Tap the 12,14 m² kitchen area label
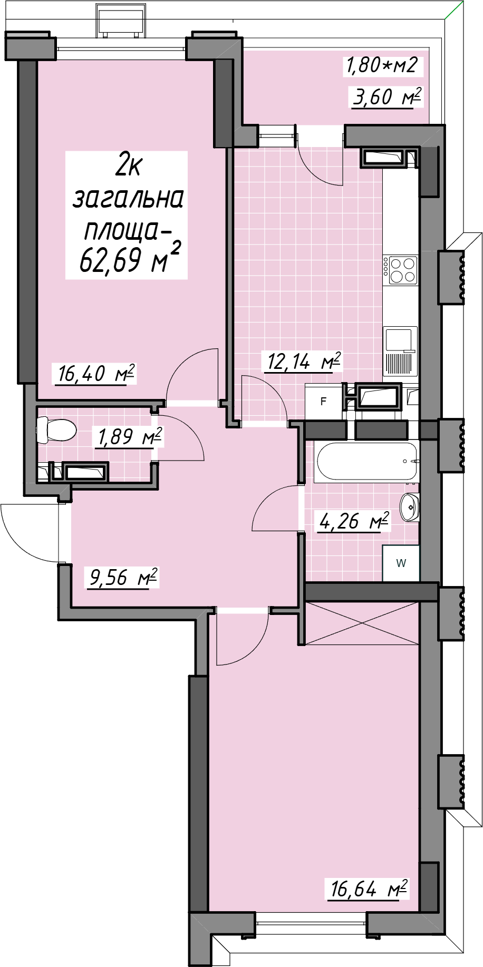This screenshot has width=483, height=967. [304, 362]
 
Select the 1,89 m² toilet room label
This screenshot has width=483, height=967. [127, 436]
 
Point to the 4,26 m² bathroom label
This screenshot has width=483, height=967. [354, 521]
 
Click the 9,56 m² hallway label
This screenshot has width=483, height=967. [123, 577]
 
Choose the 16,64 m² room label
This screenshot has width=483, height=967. [368, 889]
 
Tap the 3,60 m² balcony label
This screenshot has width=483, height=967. [388, 97]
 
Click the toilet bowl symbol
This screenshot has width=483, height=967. [56, 430]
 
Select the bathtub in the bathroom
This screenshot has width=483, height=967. [367, 461]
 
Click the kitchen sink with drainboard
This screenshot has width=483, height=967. [400, 351]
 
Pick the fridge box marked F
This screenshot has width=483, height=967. [324, 401]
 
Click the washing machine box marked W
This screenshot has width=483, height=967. [401, 563]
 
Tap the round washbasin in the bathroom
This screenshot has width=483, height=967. [409, 507]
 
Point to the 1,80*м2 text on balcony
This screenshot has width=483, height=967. [381, 65]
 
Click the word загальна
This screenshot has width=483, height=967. [128, 199]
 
